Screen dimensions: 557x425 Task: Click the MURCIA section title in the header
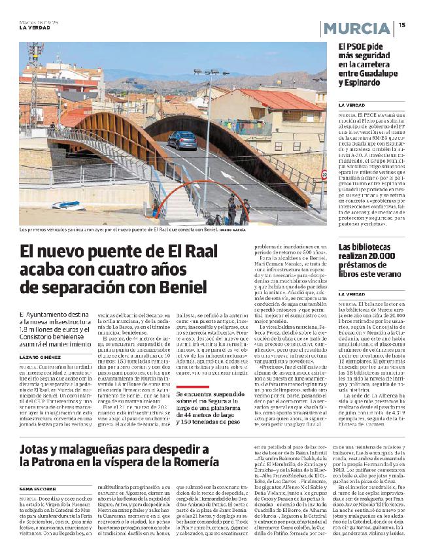[x=356, y=28]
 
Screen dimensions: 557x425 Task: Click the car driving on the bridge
[x=182, y=141]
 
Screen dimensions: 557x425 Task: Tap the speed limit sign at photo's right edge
[x=324, y=175]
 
